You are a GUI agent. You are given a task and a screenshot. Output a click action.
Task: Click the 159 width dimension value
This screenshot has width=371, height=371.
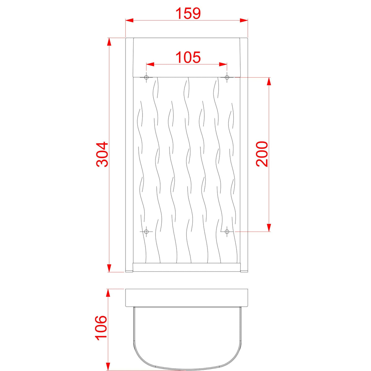click(188, 13)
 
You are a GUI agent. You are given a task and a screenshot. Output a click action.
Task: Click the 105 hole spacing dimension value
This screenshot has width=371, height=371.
click(188, 57)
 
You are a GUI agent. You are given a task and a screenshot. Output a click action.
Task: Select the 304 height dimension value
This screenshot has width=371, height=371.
click(102, 155)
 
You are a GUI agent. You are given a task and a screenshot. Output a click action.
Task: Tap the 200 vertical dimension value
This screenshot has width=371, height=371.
click(262, 154)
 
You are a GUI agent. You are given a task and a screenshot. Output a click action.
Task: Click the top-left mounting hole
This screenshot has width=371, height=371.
click(147, 77)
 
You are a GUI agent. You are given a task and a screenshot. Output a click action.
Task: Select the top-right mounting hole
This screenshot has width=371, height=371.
click(227, 77)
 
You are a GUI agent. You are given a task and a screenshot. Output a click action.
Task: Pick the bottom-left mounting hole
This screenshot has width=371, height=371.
click(147, 231)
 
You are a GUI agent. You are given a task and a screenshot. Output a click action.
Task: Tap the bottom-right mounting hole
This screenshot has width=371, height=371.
click(227, 231)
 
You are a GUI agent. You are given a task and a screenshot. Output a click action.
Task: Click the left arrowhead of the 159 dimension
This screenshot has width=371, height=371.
click(129, 20)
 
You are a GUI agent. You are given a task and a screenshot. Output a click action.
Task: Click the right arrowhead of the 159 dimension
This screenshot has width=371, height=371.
click(244, 20)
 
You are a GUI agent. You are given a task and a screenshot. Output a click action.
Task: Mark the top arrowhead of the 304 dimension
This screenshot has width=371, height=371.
click(109, 42)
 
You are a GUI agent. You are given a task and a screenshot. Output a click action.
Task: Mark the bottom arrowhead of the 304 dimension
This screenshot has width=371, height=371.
click(109, 268)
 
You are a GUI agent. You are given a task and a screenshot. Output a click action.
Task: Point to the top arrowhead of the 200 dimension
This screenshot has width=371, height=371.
click(269, 81)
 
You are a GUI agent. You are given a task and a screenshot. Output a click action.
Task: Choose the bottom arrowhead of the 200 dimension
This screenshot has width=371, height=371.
click(269, 227)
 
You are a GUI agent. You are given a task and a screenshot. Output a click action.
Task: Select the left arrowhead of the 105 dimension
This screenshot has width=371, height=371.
click(150, 64)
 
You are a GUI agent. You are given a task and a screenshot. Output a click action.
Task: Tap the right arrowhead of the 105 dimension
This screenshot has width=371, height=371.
click(223, 64)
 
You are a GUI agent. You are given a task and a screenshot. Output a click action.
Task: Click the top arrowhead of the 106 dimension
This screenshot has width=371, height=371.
click(108, 293)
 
